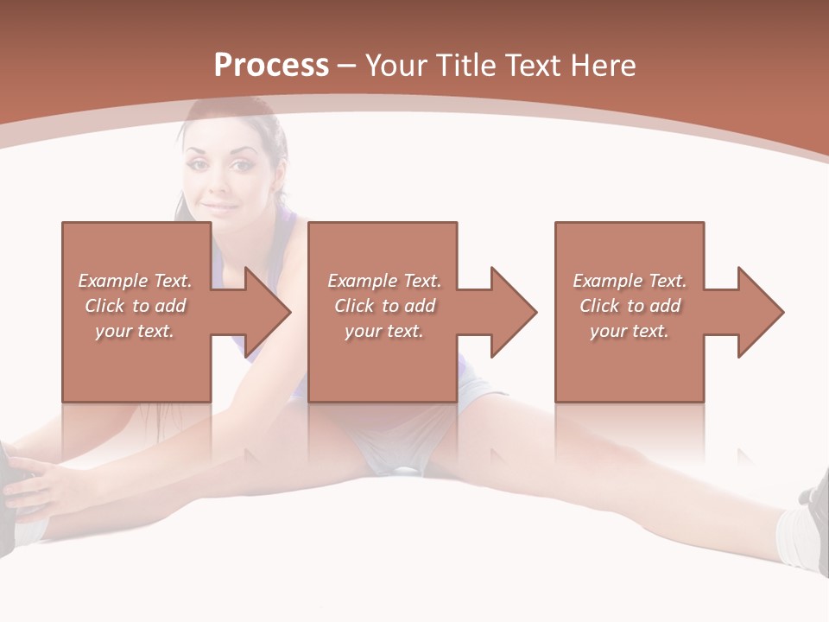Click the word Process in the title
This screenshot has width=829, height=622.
[x=271, y=66]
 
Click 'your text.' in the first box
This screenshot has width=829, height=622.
[x=135, y=331]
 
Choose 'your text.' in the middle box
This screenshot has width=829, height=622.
[x=384, y=331]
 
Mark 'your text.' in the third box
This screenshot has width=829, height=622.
[x=630, y=331]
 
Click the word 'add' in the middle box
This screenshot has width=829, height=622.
[x=420, y=306]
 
